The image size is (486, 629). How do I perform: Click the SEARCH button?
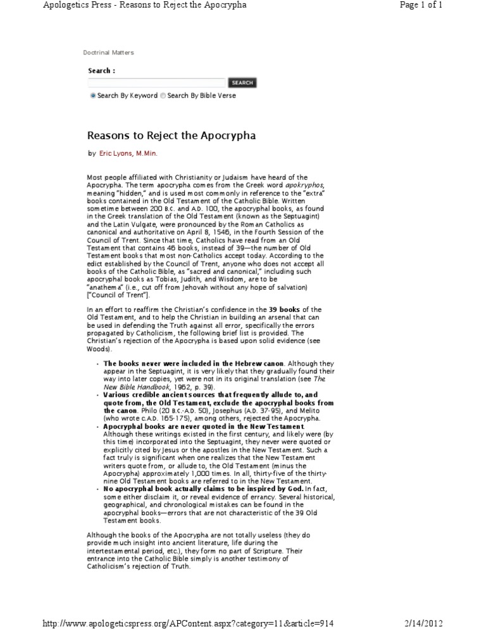click(x=242, y=83)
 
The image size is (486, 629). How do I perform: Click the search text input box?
click(x=156, y=83)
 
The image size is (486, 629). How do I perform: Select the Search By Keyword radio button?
click(x=93, y=96)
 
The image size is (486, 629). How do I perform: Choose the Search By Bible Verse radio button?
click(x=163, y=96)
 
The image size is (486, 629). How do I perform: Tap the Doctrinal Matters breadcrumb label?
click(x=108, y=53)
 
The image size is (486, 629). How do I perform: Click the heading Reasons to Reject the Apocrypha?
click(x=171, y=135)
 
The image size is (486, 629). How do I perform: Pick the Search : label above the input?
click(x=101, y=71)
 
